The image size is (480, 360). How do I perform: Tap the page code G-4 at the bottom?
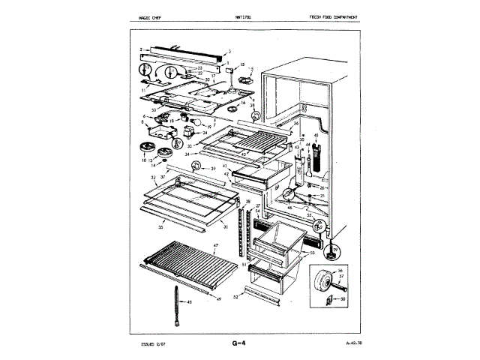click(x=240, y=345)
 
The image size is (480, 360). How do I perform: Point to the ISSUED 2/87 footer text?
click(x=153, y=345)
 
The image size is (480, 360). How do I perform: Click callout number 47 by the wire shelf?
click(x=215, y=247)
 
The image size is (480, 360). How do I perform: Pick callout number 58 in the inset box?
click(x=344, y=298)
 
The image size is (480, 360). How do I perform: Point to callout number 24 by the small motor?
click(x=194, y=133)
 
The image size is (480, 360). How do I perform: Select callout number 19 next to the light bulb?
click(x=199, y=125)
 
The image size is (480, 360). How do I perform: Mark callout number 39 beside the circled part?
click(x=213, y=169)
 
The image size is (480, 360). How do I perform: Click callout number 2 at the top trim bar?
click(x=139, y=50)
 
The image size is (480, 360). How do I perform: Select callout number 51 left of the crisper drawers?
click(x=243, y=264)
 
